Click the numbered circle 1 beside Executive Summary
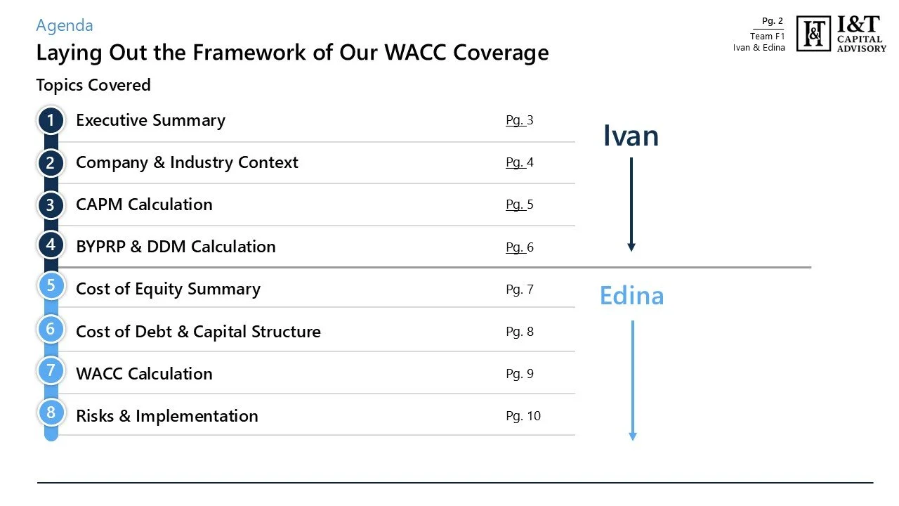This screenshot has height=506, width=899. coord(51,120)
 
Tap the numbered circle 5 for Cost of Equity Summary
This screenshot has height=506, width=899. coord(51,287)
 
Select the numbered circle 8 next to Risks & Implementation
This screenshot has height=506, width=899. coord(51,413)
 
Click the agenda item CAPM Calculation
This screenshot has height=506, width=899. coord(144,205)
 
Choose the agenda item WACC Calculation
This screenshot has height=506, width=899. coord(144,373)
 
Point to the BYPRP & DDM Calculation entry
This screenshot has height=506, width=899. coord(176,247)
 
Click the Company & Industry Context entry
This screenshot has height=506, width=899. coord(187,162)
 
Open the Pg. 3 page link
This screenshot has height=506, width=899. coord(520,120)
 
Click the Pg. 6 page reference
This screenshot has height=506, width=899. coord(520,247)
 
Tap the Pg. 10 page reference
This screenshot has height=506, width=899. coord(523,415)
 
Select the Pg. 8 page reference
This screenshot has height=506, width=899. coord(520,331)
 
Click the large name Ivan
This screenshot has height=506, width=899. coord(631,136)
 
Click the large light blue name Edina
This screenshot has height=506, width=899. coord(631,296)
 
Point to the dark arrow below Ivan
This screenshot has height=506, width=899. coord(631,204)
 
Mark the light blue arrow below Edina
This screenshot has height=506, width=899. coord(632,379)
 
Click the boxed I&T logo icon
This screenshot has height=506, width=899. coord(814,33)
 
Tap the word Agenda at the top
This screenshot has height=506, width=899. coord(65,26)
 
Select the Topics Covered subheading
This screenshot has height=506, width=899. coord(93,85)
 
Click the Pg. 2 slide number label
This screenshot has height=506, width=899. coord(773,21)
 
